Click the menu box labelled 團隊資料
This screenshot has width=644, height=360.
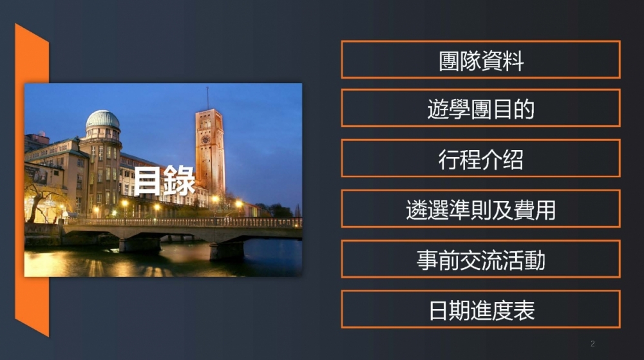pyautogui.click(x=480, y=59)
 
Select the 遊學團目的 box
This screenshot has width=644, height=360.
pyautogui.click(x=480, y=108)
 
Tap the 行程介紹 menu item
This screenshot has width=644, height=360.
pyautogui.click(x=480, y=158)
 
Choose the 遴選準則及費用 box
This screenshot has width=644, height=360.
pyautogui.click(x=480, y=209)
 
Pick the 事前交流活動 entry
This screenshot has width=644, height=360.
pyautogui.click(x=480, y=259)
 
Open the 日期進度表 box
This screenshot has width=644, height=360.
pyautogui.click(x=480, y=309)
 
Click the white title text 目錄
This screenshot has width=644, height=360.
pyautogui.click(x=164, y=180)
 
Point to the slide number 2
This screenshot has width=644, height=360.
pyautogui.click(x=592, y=344)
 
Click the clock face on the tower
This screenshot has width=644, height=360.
pyautogui.click(x=205, y=140)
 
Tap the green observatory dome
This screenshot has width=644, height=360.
pyautogui.click(x=102, y=119)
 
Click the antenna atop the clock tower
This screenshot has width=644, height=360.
pyautogui.click(x=207, y=98)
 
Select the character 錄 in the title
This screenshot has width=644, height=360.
pyautogui.click(x=180, y=180)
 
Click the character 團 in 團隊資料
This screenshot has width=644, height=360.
pyautogui.click(x=450, y=61)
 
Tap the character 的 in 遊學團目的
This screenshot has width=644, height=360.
pyautogui.click(x=524, y=109)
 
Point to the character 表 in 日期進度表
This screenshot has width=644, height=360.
pyautogui.click(x=524, y=310)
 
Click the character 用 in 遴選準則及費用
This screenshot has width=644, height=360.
pyautogui.click(x=545, y=210)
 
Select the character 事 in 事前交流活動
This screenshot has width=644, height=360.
pyautogui.click(x=428, y=260)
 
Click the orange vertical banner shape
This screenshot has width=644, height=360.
pyautogui.click(x=32, y=180)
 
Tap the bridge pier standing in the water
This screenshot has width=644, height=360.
pyautogui.click(x=227, y=250)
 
